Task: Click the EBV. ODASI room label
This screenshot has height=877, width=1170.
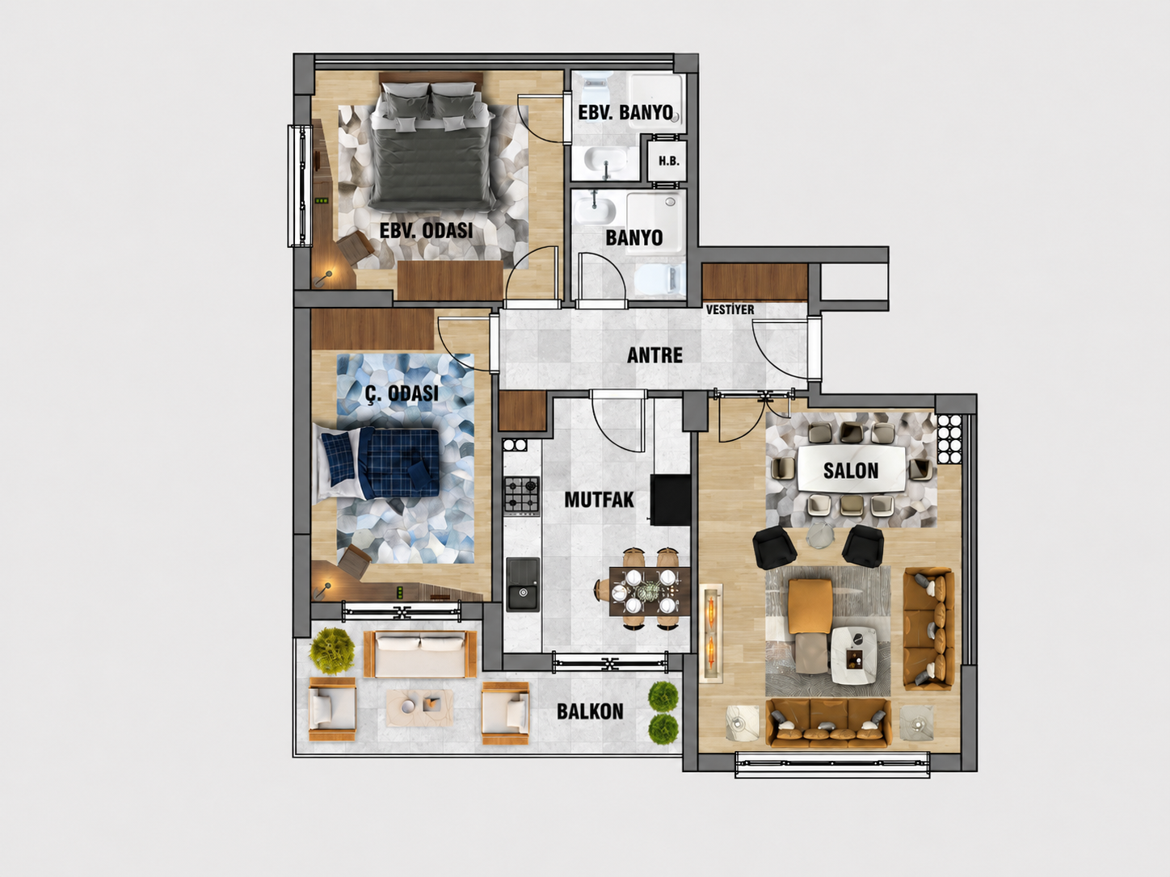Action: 426,231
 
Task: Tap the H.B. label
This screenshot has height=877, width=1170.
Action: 669,161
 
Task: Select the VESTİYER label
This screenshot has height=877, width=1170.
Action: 730,309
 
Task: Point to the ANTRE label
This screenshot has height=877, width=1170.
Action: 654,355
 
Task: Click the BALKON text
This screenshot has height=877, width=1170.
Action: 590,711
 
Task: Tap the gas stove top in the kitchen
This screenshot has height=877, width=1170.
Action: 522,495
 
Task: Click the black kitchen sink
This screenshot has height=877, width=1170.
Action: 523,584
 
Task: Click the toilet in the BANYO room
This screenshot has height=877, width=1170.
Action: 659,279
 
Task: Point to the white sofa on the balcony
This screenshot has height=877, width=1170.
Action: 420,654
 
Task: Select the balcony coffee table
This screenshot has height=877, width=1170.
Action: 420,708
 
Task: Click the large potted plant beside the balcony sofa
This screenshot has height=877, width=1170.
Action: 332,649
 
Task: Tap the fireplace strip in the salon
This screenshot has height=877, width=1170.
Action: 711,633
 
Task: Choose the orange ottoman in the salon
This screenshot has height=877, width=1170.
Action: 810,606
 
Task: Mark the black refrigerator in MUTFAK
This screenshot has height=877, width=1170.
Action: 671,499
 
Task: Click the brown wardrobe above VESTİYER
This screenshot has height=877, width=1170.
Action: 755,282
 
